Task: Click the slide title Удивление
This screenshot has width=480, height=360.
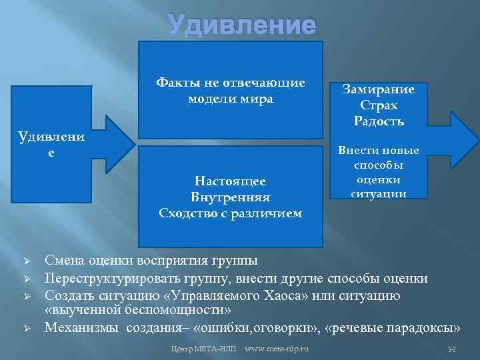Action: pyautogui.click(x=241, y=25)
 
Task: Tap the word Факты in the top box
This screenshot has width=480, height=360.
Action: pyautogui.click(x=175, y=83)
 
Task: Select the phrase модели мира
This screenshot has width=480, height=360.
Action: pyautogui.click(x=230, y=99)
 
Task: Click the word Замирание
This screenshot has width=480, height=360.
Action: pyautogui.click(x=378, y=89)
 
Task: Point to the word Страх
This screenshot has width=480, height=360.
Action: pyautogui.click(x=378, y=105)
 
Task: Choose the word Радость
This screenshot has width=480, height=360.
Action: pyautogui.click(x=378, y=121)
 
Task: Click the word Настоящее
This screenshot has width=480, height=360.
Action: pyautogui.click(x=230, y=181)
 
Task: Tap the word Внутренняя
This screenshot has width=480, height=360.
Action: pyautogui.click(x=230, y=197)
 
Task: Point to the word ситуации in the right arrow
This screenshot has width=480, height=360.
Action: pyautogui.click(x=378, y=193)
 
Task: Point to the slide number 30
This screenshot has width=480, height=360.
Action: pyautogui.click(x=451, y=349)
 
